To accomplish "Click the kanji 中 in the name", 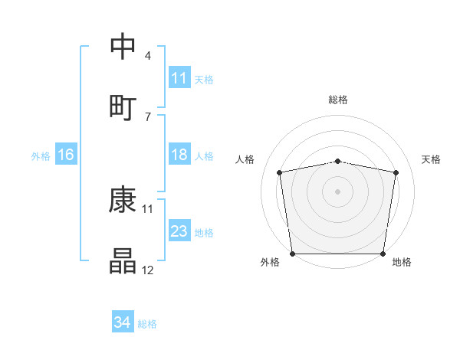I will pos(123,45).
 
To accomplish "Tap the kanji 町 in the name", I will pos(123,105).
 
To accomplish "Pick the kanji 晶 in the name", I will pos(123,261).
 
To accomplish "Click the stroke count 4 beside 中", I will pos(148,56).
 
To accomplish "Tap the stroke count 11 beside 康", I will pos(148,208).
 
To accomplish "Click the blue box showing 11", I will pos(179,78).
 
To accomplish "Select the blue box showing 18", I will pos(179,155).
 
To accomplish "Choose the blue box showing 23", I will pos(179,231).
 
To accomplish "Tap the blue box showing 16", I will pos(66,155).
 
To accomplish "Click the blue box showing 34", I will pos(122,323).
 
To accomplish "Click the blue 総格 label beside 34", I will pos(147,324).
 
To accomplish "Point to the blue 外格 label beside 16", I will pos(41,156).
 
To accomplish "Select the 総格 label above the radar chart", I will pos(338,100).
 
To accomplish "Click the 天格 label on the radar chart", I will pos(432,159).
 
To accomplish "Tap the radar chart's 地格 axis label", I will pos(402,262).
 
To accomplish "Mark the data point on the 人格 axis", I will pos(280,172).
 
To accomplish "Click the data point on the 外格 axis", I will pos(292,254).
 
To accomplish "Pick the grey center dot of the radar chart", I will pos(338,191).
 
